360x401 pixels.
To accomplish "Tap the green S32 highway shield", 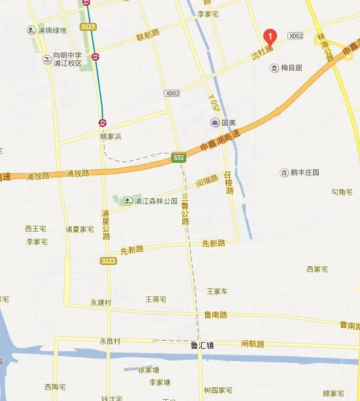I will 179,158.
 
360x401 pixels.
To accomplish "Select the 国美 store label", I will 223,122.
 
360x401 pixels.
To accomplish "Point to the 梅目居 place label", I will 287,67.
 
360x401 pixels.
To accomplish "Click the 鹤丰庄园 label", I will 301,173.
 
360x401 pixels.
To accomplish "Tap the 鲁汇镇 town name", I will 201,345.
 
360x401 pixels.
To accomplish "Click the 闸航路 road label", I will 252,343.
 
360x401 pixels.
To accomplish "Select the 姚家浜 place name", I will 111,137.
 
